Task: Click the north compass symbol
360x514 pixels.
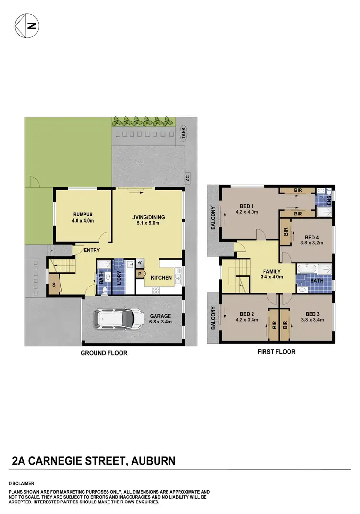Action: (27, 26)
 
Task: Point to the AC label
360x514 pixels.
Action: (188, 178)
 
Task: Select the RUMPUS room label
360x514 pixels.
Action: (83, 215)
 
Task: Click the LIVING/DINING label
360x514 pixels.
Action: (148, 217)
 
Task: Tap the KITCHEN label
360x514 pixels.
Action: (161, 278)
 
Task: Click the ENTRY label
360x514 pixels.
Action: (91, 250)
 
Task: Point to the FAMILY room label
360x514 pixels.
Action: (272, 271)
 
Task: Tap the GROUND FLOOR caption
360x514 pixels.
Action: (104, 353)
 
